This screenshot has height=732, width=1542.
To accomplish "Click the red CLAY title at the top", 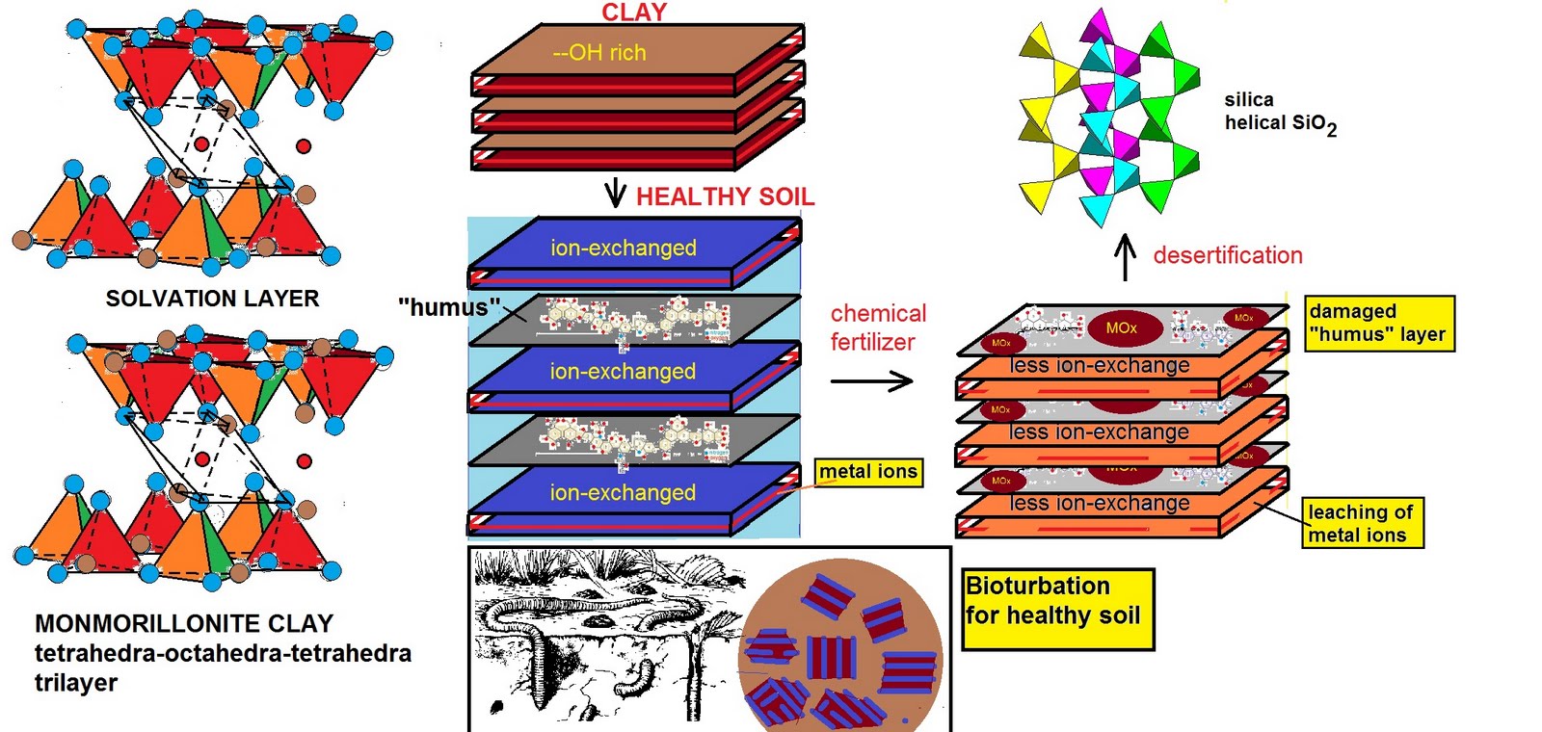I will pos(634,13).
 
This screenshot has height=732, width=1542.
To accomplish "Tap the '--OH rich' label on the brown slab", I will pos(599,53).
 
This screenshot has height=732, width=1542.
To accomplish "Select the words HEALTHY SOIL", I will pos(725,196).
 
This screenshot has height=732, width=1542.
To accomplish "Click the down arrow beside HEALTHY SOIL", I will pos(615,194).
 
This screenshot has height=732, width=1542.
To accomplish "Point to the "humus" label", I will pos(448,307).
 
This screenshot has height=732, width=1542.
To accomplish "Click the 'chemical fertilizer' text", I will pos(877,327).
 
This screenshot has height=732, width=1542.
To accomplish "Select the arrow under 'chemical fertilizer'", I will pos(871,381).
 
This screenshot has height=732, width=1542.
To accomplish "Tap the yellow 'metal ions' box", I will pos(868,472).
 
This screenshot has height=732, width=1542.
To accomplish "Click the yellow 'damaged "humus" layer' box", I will pos(1378,323).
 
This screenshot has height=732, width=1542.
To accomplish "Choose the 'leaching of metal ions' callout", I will pos(1362,523).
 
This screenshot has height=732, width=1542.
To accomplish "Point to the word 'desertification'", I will pos(1227,255).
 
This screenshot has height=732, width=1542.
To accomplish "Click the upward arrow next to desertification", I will pos(1125,257).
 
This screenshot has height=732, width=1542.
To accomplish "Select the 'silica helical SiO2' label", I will pos(1280,113).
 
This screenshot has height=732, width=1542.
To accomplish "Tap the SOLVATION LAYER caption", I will pos(212,299).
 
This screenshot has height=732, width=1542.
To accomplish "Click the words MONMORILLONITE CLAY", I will pos(183,623).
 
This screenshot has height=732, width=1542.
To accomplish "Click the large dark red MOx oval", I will pos(1121,328).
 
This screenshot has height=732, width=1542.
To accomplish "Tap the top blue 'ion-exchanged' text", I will pos(623,248).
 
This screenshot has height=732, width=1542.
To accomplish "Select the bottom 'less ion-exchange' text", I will pos(1099,503).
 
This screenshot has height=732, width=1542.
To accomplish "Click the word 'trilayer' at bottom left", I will pos(76,683).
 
